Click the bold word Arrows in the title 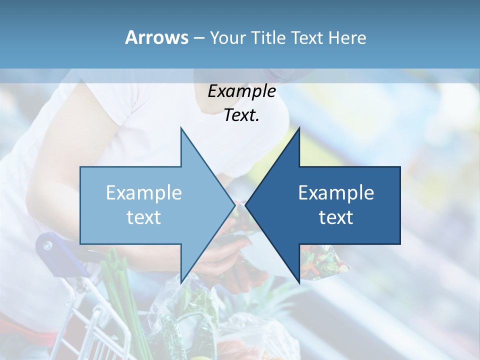[156, 37]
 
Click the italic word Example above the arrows [241, 91]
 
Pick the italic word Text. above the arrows [241, 115]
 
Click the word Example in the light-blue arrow [143, 192]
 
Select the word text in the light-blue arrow [143, 217]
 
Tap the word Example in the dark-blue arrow [336, 192]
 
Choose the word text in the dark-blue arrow [336, 217]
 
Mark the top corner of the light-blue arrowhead [181, 128]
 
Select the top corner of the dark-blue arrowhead [299, 128]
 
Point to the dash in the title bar [198, 38]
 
